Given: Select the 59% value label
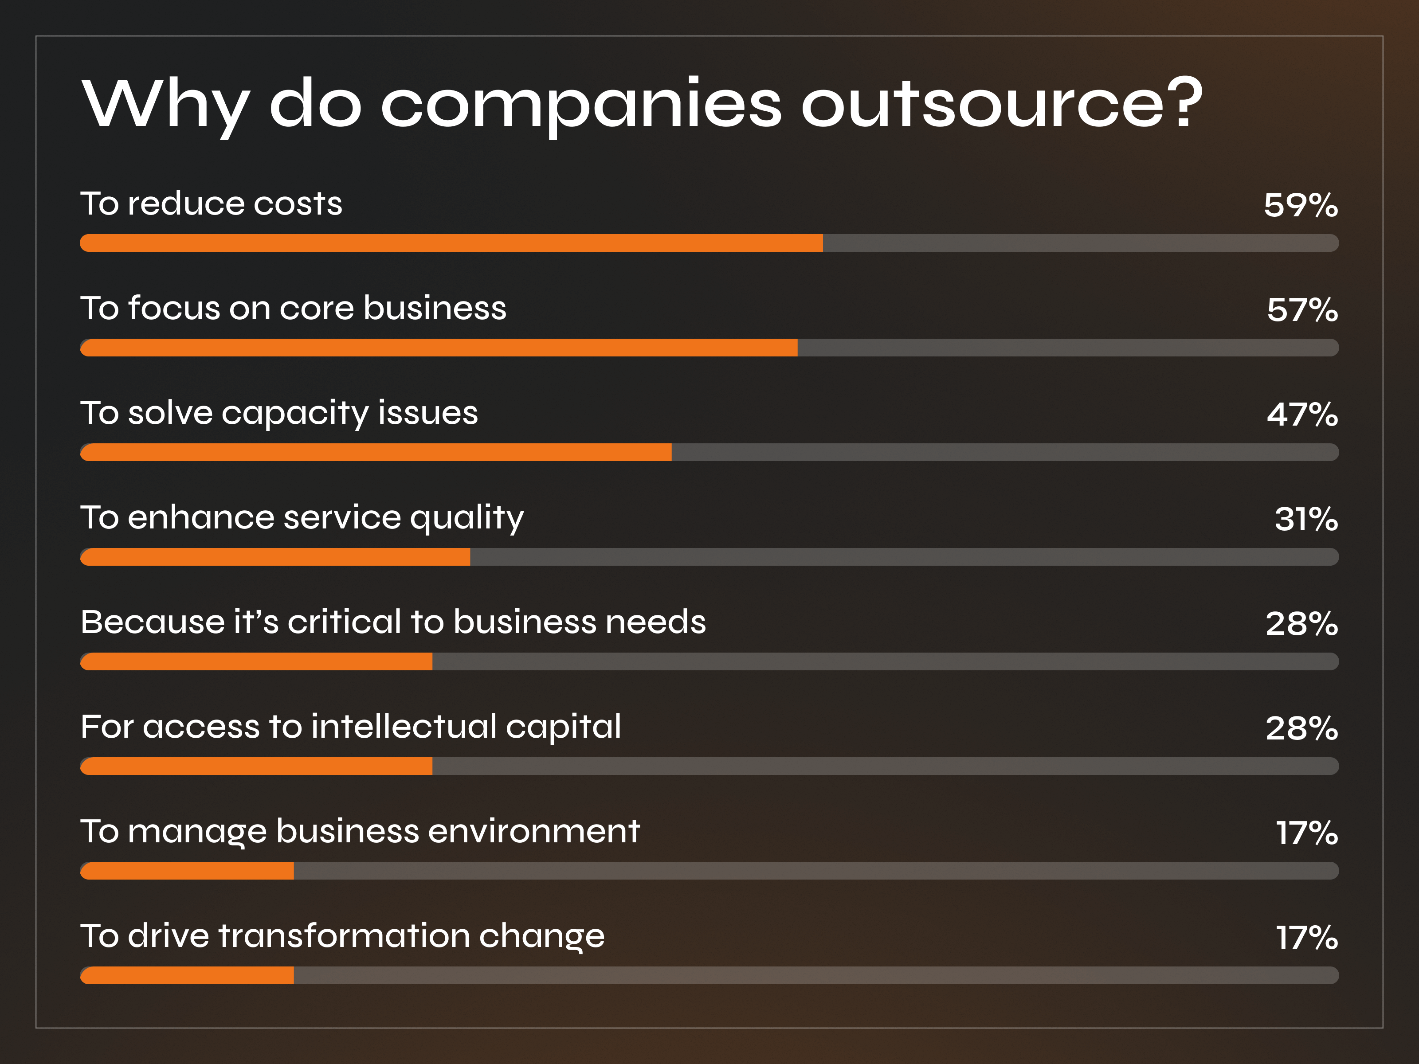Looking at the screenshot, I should [x=1300, y=205].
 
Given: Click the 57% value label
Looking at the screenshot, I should [x=1301, y=310].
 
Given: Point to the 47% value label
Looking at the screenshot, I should [x=1301, y=415].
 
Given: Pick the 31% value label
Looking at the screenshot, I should [x=1305, y=519].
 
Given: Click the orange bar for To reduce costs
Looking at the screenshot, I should [x=451, y=243].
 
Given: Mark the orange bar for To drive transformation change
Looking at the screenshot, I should [x=187, y=975].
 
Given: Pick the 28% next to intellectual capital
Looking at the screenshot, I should [x=1301, y=728].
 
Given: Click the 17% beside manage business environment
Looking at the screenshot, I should [x=1306, y=833].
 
